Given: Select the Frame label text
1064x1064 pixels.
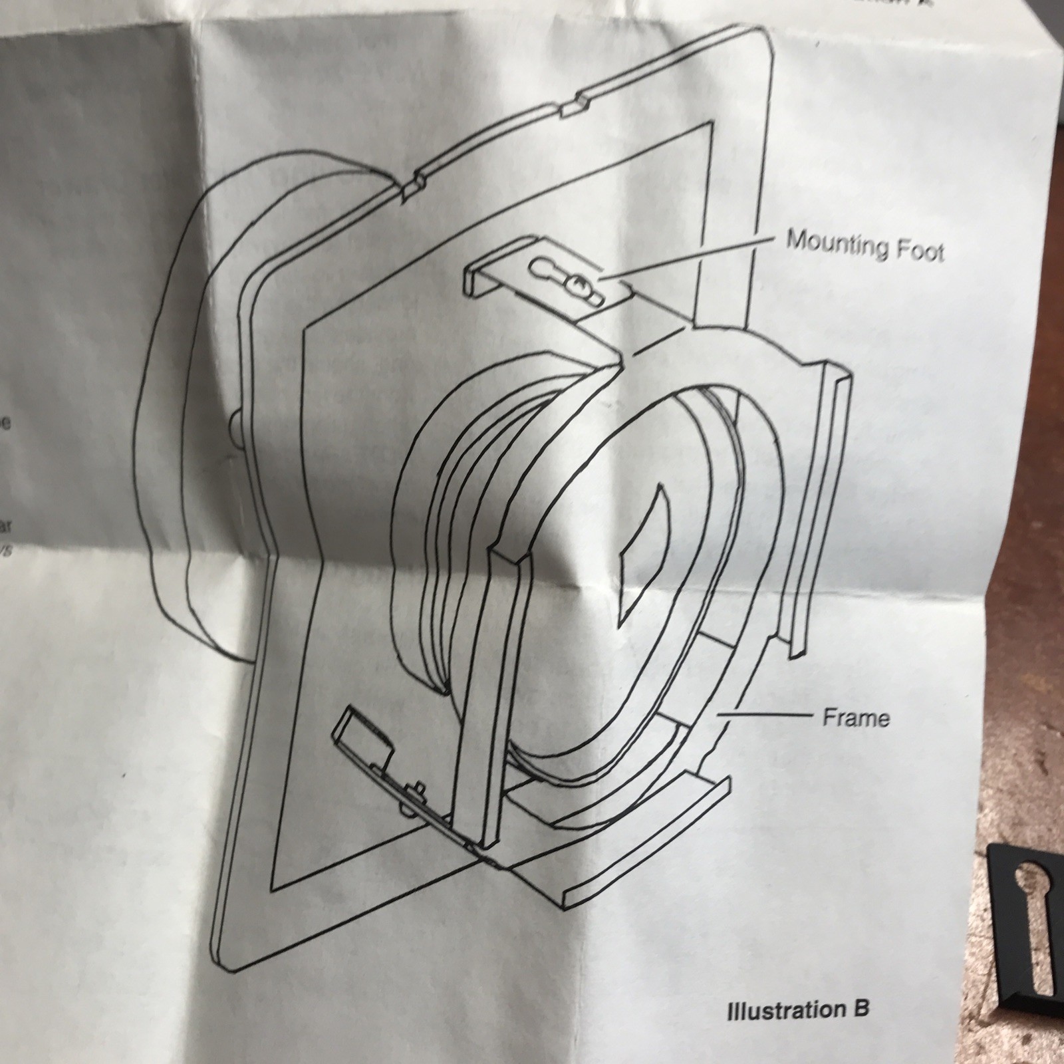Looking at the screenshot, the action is (x=856, y=718).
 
